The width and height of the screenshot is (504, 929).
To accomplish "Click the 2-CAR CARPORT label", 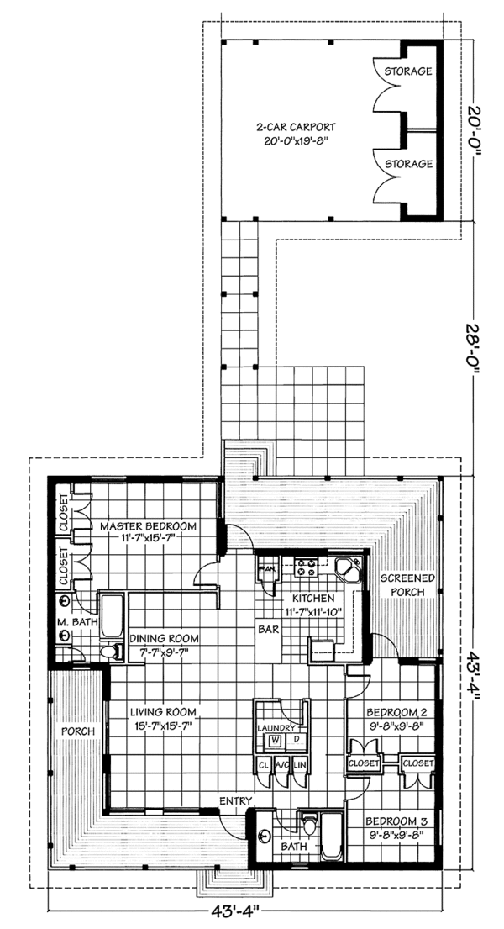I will click(291, 129).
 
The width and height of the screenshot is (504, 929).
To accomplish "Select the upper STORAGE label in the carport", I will click(408, 71).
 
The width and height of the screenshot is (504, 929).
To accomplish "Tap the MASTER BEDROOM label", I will click(148, 526).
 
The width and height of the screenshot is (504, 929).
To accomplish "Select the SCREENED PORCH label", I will click(408, 584).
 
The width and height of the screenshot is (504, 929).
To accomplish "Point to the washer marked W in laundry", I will click(275, 740).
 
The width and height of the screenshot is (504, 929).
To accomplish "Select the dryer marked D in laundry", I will click(296, 740).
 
